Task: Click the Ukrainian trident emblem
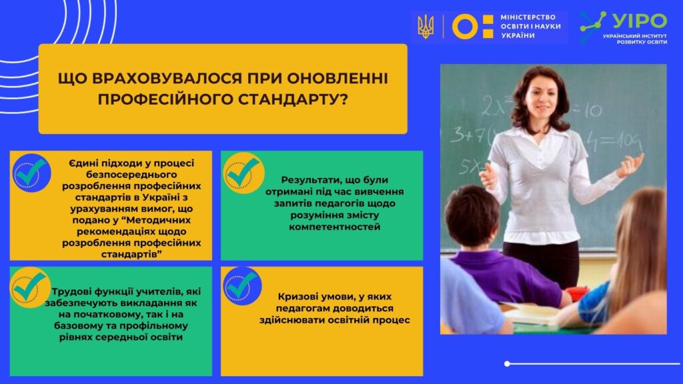[425, 27]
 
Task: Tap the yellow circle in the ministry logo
[465, 27]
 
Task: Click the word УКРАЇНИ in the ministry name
[518, 36]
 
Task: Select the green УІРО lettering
[640, 21]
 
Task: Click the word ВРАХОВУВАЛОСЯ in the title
[167, 79]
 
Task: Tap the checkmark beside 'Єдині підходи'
[31, 173]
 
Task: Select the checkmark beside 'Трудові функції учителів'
[29, 287]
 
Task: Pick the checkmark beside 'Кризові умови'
[242, 286]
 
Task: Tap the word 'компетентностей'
[335, 227]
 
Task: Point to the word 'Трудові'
[71, 292]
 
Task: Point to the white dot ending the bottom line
[507, 363]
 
